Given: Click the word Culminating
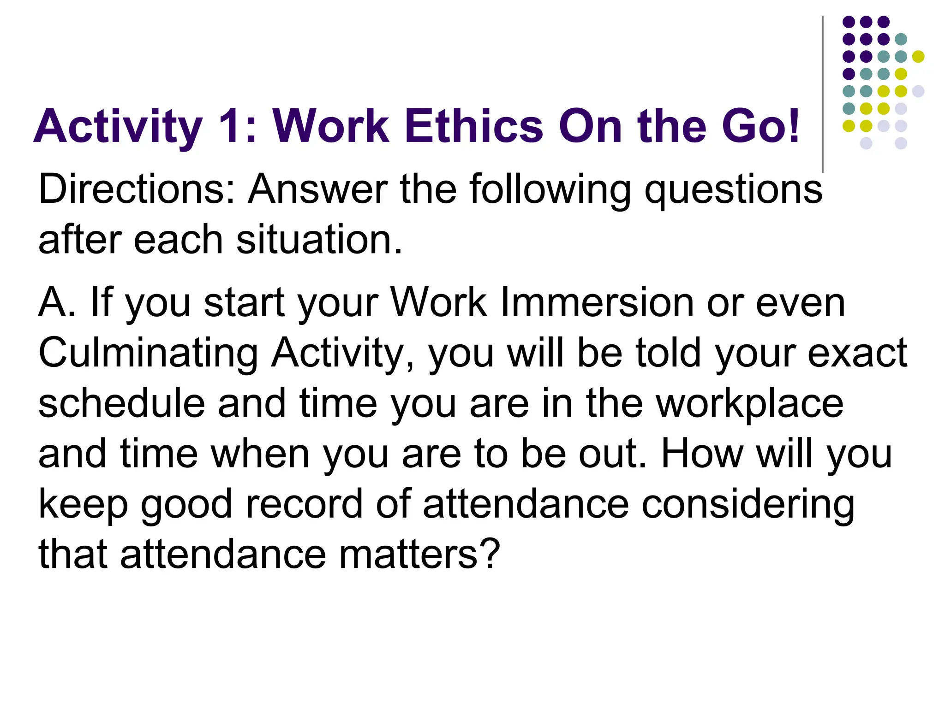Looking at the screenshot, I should (148, 354).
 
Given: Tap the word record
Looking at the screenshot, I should (305, 504).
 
